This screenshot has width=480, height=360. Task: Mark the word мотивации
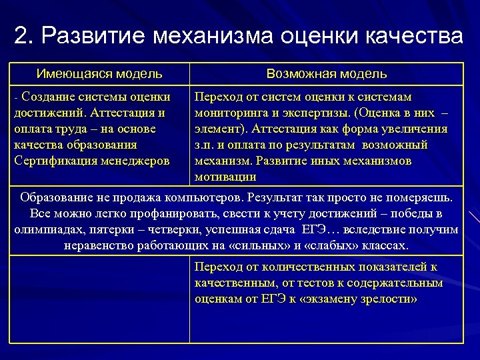(x=225, y=177)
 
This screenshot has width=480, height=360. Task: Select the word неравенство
(x=99, y=246)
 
